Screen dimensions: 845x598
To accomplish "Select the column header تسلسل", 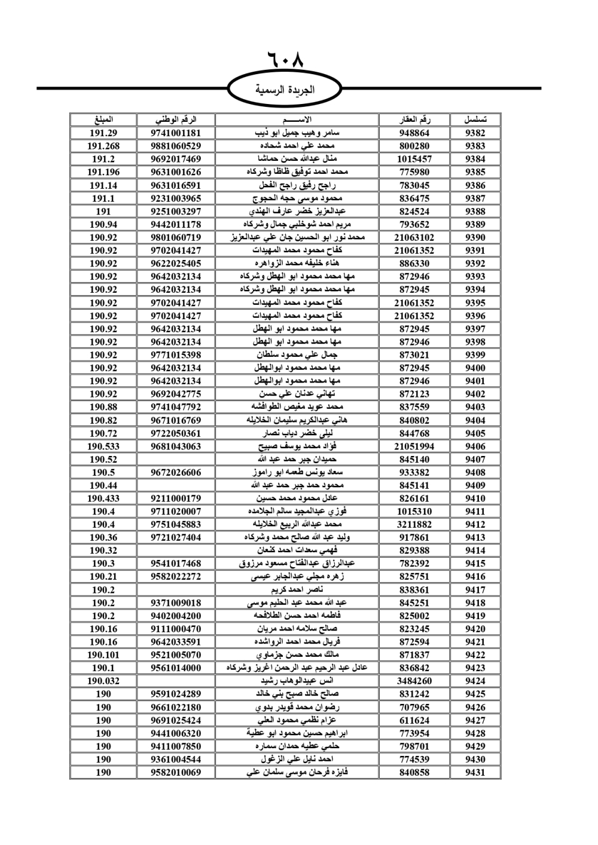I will point(475,120).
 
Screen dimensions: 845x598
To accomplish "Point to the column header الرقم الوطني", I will point(176,120).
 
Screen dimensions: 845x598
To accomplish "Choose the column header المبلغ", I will point(103,120).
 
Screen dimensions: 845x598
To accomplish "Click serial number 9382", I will point(475,133).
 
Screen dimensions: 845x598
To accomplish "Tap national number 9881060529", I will point(176,146).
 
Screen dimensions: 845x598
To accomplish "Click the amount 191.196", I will point(103,172).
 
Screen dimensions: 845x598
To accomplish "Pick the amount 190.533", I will point(103,446).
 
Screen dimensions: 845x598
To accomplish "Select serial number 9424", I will point(475,681).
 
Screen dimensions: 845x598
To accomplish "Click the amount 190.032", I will point(103,681).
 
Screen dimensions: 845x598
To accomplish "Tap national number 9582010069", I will point(176,773).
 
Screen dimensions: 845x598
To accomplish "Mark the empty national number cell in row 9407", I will point(176,460).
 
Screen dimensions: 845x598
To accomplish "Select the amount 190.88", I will point(103,407).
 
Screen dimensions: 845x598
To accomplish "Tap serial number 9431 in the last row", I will point(475,773).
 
